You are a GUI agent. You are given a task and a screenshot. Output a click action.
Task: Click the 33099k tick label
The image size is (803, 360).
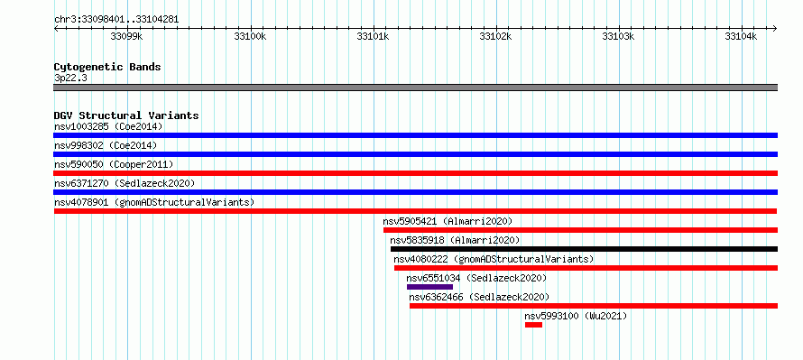[126, 36]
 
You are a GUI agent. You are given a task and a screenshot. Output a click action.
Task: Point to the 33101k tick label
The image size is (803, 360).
[373, 36]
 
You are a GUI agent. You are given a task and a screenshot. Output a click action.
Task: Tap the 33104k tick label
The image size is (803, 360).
[741, 36]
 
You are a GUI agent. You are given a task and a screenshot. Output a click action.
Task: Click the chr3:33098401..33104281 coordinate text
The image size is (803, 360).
[116, 20]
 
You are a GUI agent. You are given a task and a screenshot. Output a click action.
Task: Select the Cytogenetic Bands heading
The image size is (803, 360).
[107, 67]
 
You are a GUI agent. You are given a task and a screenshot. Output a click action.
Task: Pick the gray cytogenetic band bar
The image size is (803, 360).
[415, 88]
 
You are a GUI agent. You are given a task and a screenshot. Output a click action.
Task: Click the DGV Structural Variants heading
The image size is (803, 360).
[126, 115]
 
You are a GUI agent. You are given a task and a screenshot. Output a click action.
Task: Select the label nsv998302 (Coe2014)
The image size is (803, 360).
[106, 145]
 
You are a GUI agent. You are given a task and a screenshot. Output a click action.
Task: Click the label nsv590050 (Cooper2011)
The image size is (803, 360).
[114, 164]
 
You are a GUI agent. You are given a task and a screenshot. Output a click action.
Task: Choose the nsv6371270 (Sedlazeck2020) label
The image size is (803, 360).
[125, 183]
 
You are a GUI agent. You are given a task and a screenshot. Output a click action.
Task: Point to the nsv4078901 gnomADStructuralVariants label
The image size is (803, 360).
[154, 202]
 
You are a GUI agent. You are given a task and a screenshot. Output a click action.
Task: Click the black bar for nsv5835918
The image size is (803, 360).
[584, 249]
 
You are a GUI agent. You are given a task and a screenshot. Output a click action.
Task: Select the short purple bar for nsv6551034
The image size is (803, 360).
[429, 287]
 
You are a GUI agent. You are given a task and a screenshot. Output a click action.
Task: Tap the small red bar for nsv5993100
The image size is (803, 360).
[533, 325]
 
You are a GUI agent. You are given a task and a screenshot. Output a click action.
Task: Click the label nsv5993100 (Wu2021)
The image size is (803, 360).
[576, 316]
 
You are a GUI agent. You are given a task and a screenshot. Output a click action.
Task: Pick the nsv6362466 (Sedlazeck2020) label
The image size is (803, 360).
[479, 297]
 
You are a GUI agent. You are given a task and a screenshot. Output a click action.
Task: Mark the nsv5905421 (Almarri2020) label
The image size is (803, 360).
[448, 221]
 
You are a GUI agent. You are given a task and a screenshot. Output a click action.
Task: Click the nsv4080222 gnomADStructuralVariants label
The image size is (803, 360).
[494, 259]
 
